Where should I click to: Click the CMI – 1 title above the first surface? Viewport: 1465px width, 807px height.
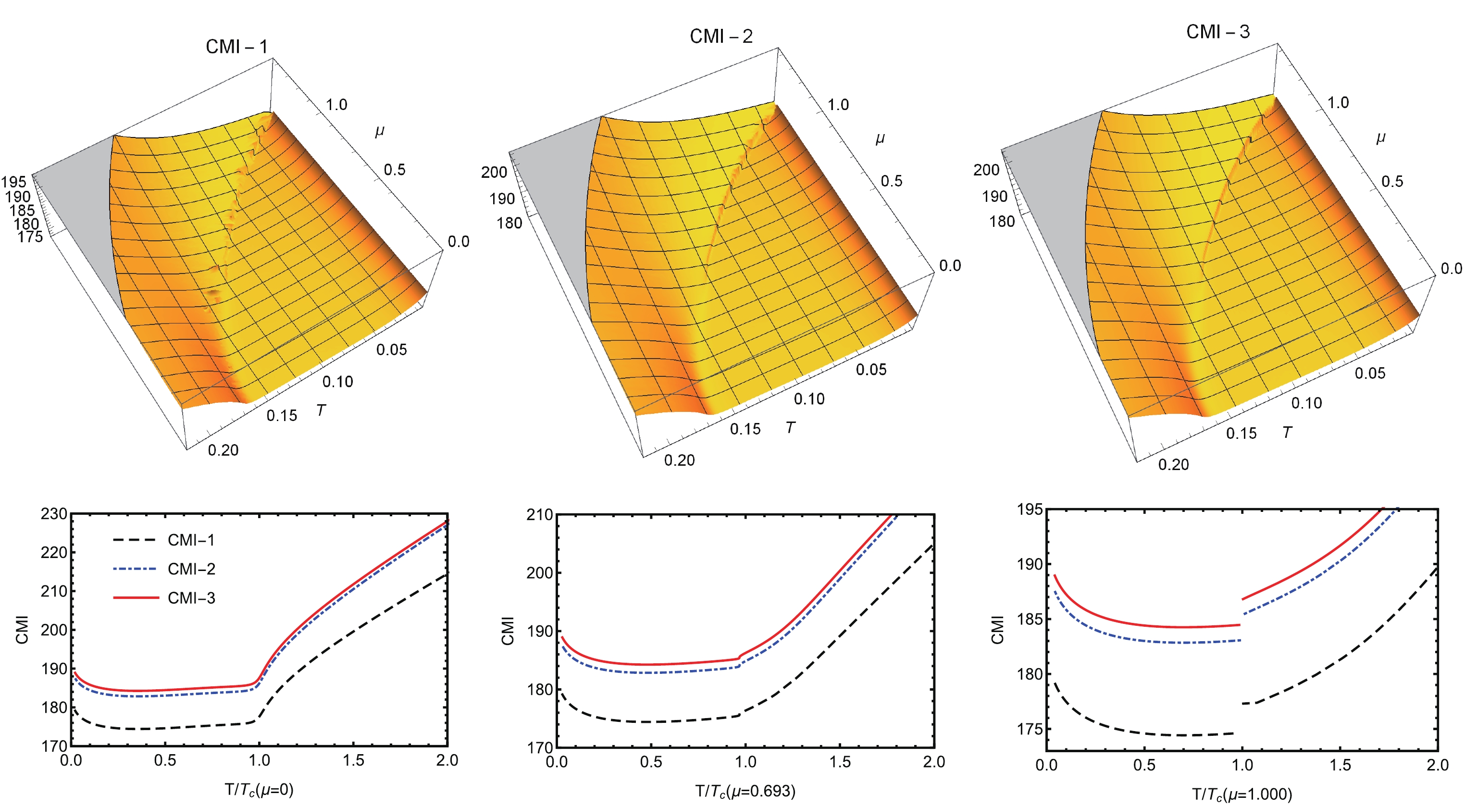tap(236, 47)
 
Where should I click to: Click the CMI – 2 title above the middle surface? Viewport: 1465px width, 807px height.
tap(720, 37)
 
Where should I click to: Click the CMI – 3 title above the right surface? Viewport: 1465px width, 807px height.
tap(1217, 32)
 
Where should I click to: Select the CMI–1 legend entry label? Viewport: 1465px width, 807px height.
tap(191, 540)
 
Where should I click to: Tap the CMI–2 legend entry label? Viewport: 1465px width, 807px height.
tap(191, 569)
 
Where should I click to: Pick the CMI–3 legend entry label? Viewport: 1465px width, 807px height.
tap(191, 598)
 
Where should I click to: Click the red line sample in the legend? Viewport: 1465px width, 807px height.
tap(136, 598)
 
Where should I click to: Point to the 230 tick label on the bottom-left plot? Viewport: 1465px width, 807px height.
tap(54, 514)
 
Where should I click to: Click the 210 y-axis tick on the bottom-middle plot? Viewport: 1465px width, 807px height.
tap(539, 515)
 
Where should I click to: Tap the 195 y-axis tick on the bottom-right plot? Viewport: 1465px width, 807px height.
tap(1030, 509)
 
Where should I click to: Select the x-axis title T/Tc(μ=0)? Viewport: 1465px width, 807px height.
tap(259, 789)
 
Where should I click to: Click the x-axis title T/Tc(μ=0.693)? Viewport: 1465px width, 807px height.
tap(745, 791)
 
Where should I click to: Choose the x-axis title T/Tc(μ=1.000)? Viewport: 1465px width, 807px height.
tap(1242, 794)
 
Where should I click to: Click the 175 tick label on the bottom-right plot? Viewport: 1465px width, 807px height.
tap(1030, 729)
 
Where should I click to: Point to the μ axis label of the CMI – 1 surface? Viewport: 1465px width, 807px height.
tap(379, 131)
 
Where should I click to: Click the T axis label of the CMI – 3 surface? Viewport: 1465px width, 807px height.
tap(1287, 433)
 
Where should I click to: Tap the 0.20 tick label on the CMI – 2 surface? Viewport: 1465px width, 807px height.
tap(679, 460)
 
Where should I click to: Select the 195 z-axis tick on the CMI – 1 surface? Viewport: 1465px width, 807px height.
tap(13, 182)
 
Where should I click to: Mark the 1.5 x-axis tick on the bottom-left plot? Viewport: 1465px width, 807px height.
tap(353, 760)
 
